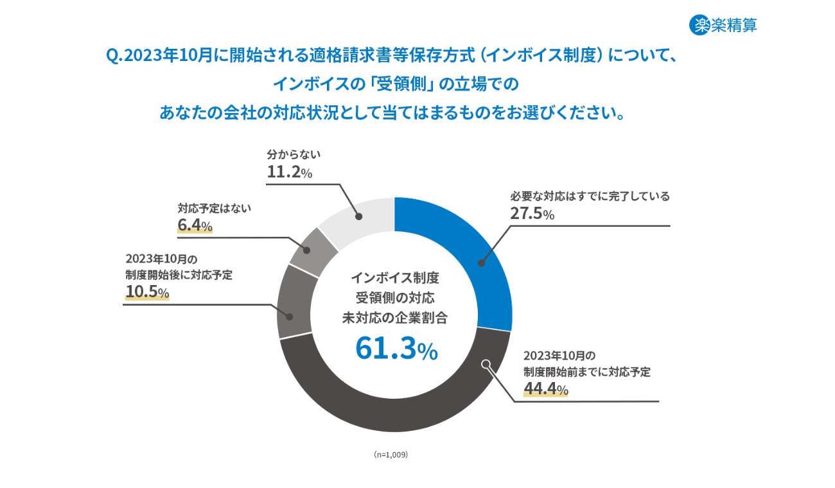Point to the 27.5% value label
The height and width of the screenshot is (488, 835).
(x=532, y=214)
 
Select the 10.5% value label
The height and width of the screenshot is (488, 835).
(x=147, y=292)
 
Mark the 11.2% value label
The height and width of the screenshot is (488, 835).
(x=289, y=172)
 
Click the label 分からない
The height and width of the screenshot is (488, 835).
(x=293, y=155)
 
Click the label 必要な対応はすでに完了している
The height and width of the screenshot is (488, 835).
(x=590, y=196)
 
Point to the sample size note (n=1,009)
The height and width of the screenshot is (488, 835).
(x=391, y=454)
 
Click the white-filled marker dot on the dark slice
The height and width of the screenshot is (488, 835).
(x=486, y=364)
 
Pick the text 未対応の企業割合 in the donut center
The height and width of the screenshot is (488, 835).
(x=395, y=317)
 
